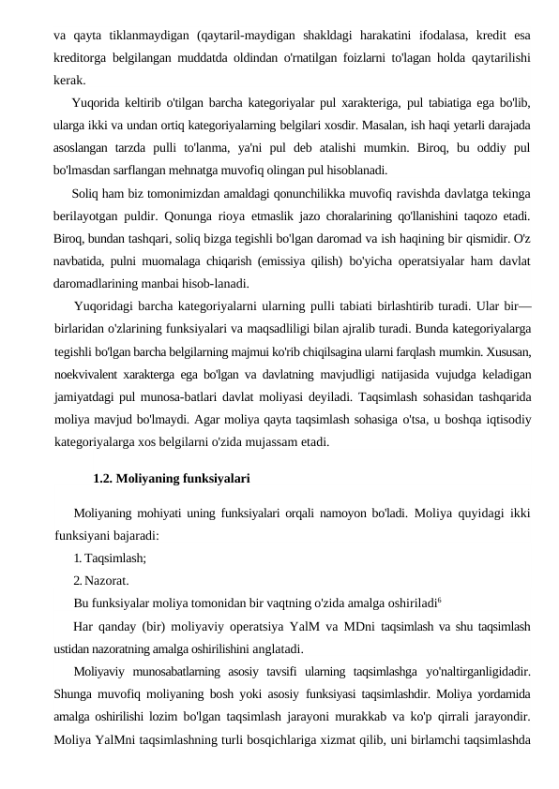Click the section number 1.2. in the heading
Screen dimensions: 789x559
[105, 479]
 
